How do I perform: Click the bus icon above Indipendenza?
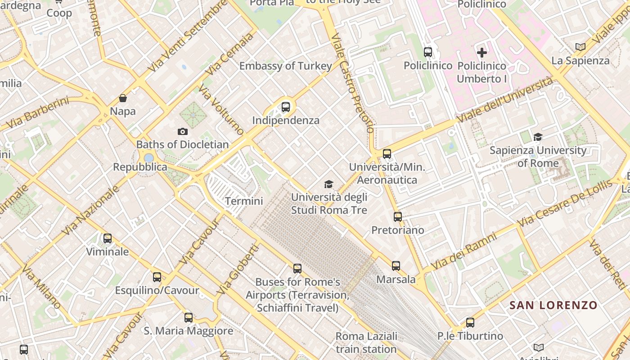tap(286, 107)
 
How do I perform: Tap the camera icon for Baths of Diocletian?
tap(182, 131)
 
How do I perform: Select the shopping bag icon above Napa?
tap(123, 98)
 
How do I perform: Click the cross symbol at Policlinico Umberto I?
tap(482, 53)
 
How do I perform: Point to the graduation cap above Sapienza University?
tap(538, 137)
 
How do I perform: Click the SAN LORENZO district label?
tap(553, 305)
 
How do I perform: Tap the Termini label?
tap(243, 201)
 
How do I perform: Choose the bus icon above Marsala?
tap(396, 266)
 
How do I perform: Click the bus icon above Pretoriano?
tap(398, 217)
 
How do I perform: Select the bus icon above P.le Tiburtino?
tap(470, 323)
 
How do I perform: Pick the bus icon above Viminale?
tap(108, 238)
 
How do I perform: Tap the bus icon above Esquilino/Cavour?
tap(157, 277)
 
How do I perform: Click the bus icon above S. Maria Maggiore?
tap(189, 318)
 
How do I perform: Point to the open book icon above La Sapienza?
tap(580, 47)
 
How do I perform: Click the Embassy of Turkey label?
tap(285, 66)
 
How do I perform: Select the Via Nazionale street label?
tap(90, 210)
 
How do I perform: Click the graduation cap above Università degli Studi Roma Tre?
tap(329, 184)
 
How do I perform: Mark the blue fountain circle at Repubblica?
tap(148, 158)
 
